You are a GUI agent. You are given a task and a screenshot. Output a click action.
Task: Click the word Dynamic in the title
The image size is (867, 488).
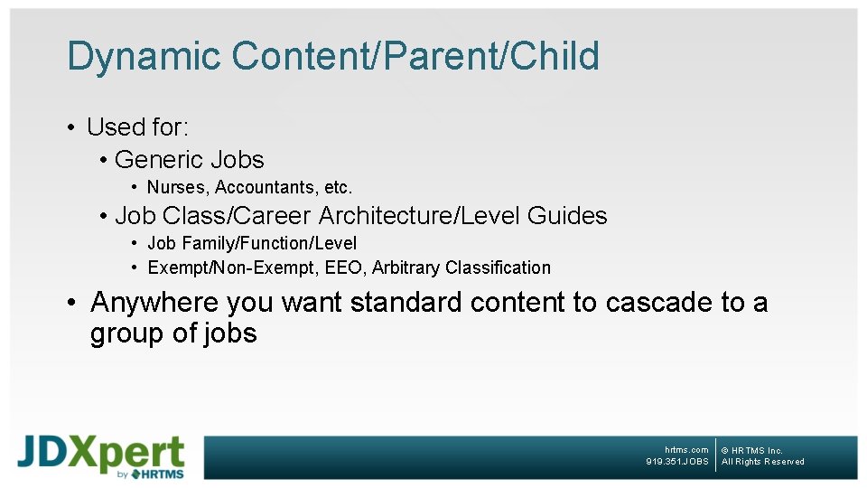click(x=144, y=56)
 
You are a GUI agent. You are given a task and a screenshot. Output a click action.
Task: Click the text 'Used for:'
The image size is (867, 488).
click(x=137, y=127)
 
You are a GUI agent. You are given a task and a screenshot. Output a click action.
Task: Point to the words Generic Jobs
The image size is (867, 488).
click(x=189, y=160)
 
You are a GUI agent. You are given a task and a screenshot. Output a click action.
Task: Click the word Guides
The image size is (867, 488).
click(x=567, y=216)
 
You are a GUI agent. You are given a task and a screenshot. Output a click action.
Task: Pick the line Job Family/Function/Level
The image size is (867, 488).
click(x=252, y=243)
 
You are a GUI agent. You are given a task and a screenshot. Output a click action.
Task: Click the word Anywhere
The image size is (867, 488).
click(x=154, y=302)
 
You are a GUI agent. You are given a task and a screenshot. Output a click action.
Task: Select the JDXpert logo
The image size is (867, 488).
click(x=101, y=457)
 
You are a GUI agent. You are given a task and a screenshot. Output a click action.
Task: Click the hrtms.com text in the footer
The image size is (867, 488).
click(x=686, y=450)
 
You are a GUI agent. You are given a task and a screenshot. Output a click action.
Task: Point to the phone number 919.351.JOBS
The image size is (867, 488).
click(x=677, y=462)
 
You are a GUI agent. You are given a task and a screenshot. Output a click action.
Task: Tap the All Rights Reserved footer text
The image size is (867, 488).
click(x=762, y=462)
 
